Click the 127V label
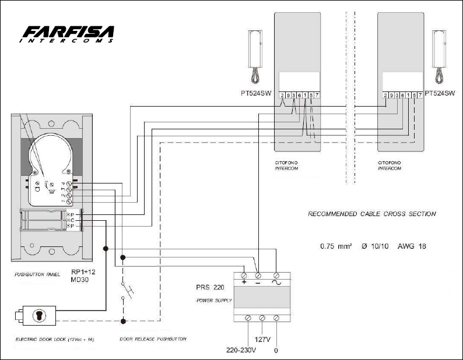tap(262, 339)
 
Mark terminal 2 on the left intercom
tap(282, 95)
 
